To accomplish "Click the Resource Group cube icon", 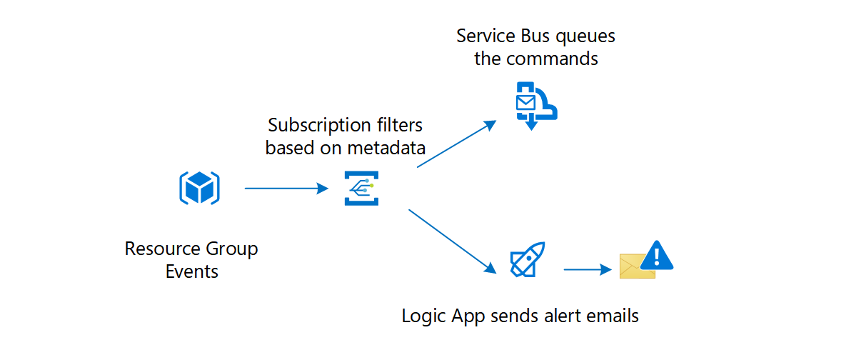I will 198,189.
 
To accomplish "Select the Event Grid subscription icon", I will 361,189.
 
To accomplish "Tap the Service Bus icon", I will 535,106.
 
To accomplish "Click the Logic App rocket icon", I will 527,260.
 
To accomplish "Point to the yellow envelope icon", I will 636,267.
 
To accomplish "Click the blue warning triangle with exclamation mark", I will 657,255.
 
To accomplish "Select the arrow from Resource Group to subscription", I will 285,189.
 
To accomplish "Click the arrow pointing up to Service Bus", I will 456,144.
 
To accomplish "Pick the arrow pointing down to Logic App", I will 452,241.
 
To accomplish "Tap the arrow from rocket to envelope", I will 588,269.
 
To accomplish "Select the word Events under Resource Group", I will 191,272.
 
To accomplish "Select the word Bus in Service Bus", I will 531,36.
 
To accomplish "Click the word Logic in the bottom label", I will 422,316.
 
